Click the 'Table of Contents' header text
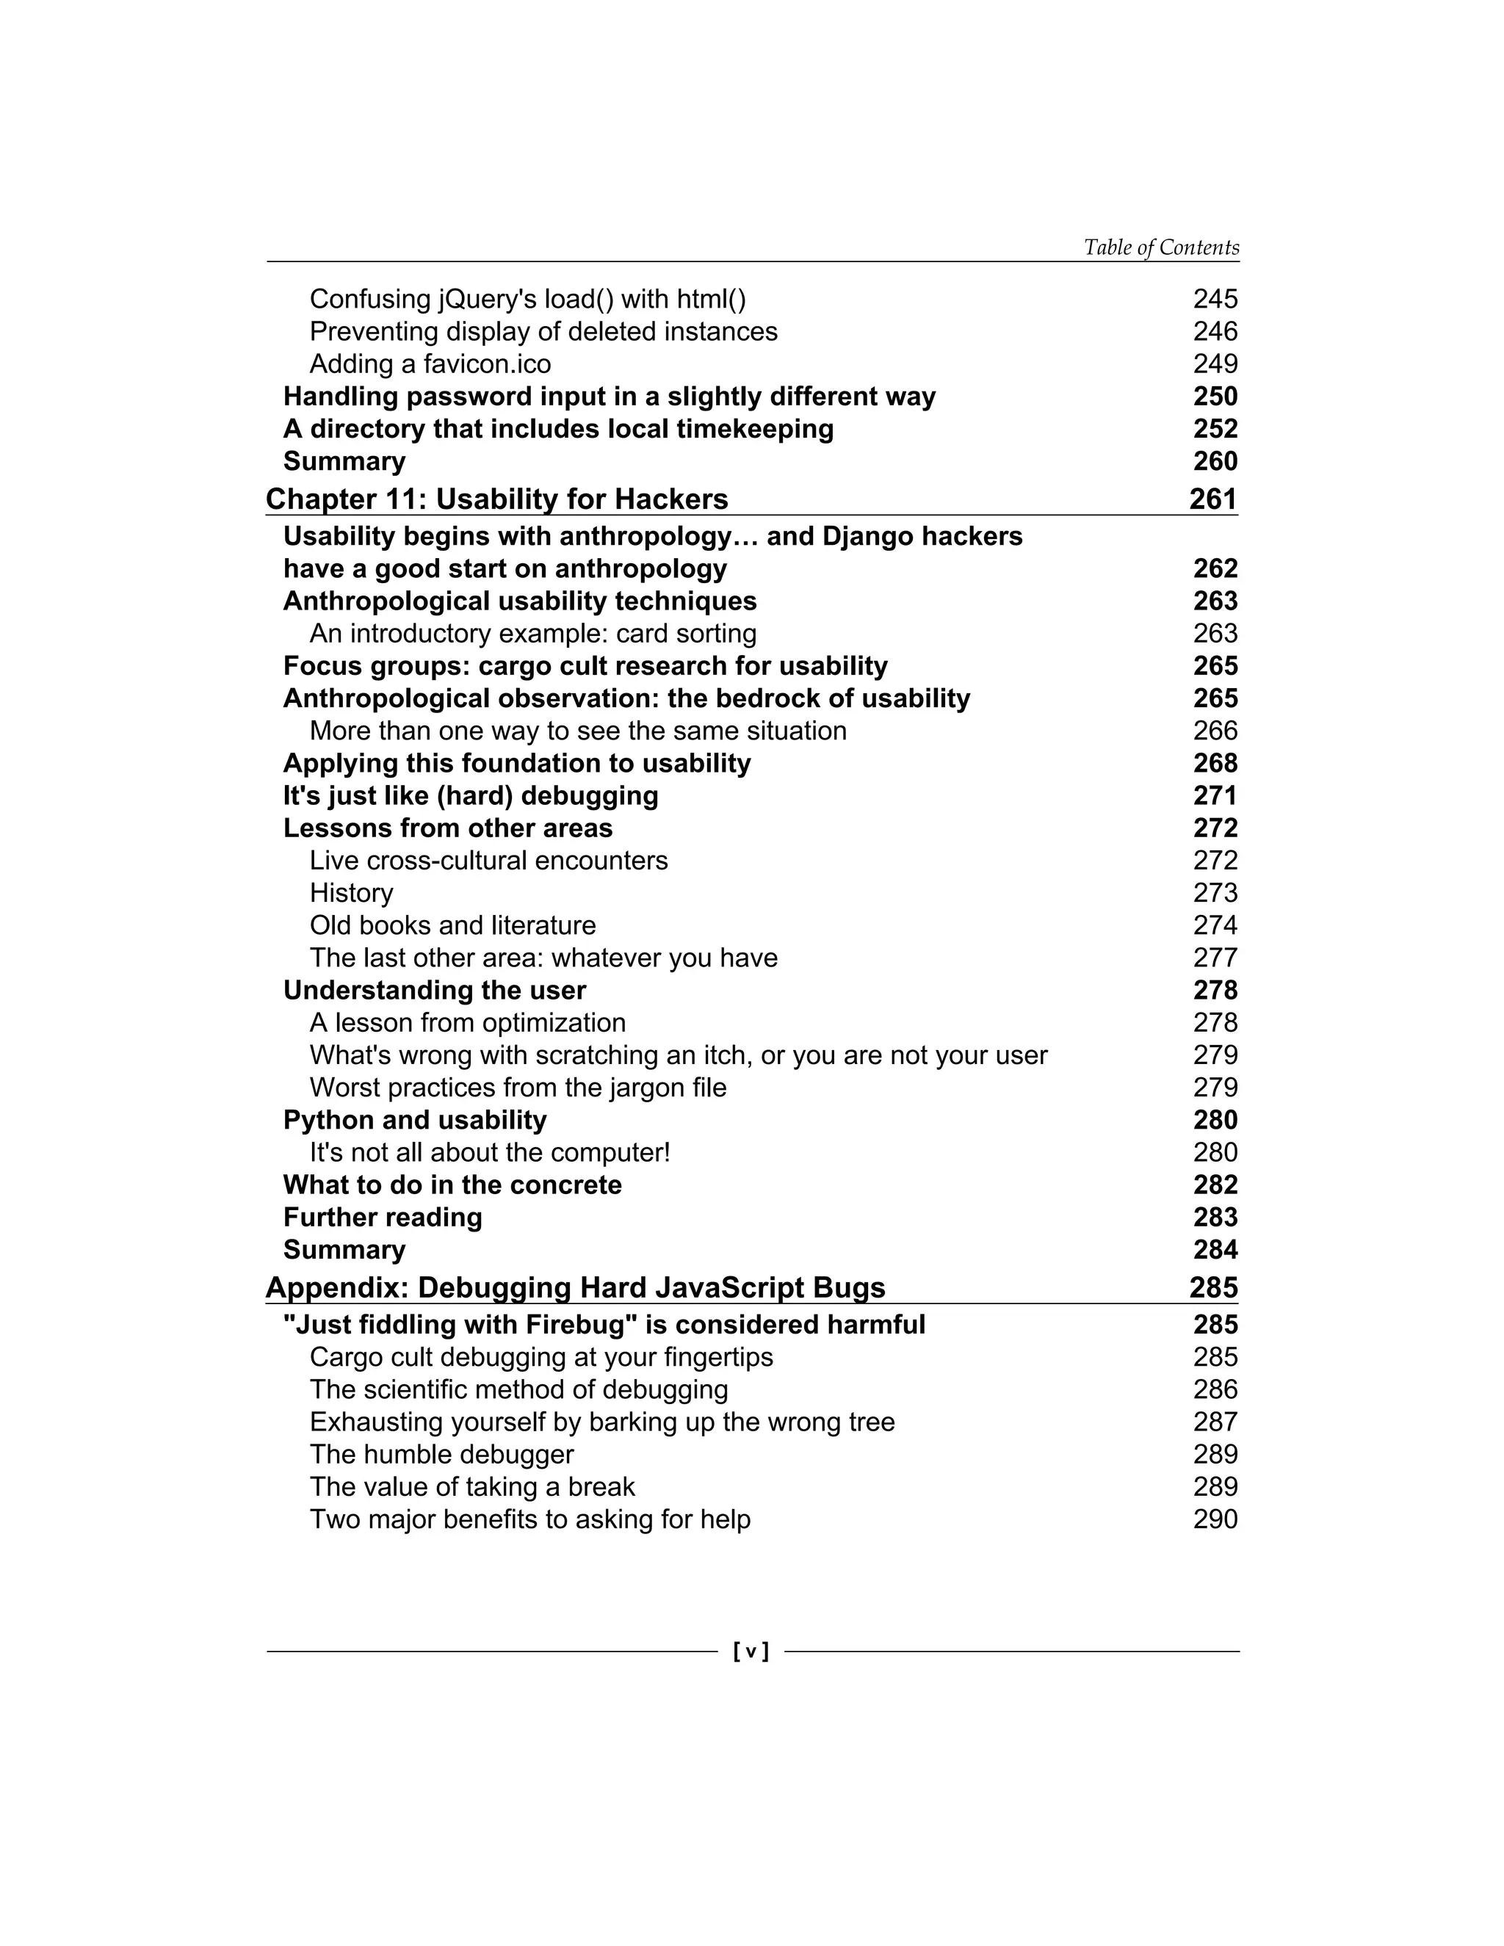(1160, 247)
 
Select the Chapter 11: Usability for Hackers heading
(496, 499)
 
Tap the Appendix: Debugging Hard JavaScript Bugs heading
(575, 1287)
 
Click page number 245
(1215, 300)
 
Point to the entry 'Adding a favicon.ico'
(430, 364)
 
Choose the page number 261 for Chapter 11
(1212, 499)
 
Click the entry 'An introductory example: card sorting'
(533, 634)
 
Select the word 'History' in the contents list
(351, 893)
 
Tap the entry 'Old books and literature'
(452, 926)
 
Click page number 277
(1215, 958)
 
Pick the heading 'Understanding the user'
(434, 991)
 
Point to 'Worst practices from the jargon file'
(518, 1088)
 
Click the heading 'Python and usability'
(414, 1120)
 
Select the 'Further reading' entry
(382, 1217)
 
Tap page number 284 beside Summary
(1215, 1250)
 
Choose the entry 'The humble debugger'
(441, 1454)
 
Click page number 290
(1215, 1519)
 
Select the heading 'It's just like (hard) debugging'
(471, 796)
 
